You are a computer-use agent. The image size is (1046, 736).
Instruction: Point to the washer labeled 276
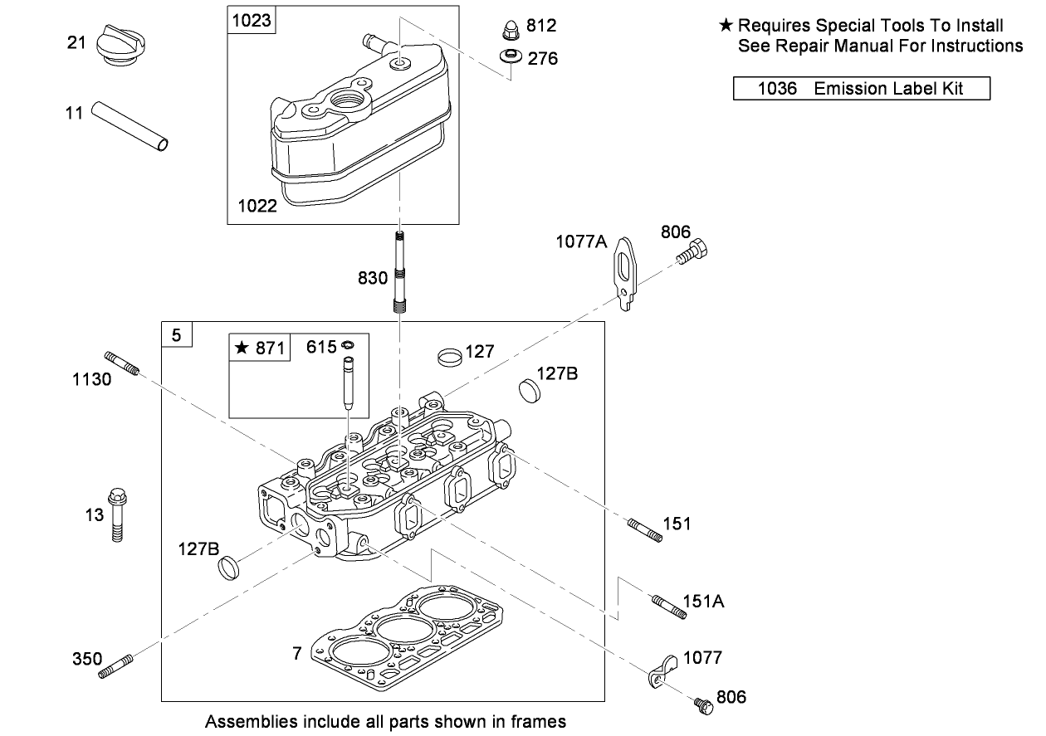tap(511, 57)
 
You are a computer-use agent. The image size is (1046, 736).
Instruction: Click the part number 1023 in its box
tap(252, 20)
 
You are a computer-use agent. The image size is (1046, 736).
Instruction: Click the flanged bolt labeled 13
tap(117, 514)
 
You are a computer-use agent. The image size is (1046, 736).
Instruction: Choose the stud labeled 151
tap(645, 529)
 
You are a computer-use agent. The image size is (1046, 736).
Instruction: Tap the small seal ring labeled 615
tap(348, 345)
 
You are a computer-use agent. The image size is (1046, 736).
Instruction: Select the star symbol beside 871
tap(242, 348)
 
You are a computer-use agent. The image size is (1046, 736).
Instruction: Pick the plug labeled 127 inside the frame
tap(448, 358)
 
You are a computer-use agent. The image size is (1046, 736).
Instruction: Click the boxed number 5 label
tap(176, 335)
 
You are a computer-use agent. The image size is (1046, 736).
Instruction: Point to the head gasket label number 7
tap(297, 654)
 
